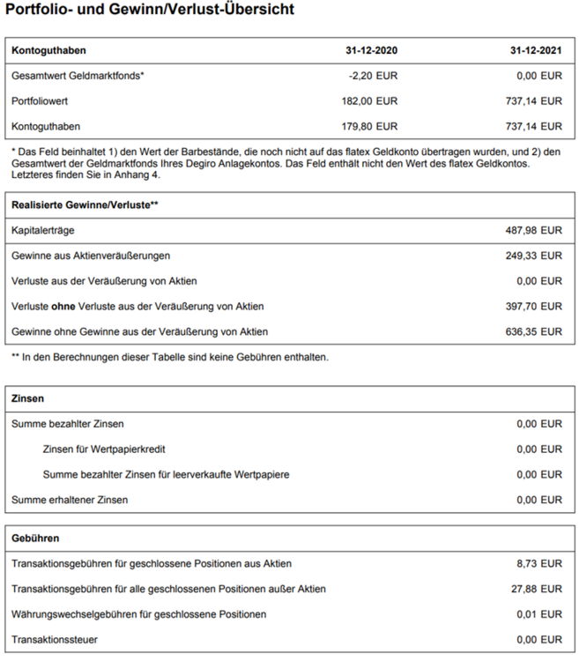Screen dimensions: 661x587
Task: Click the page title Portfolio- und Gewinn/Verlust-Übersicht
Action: point(150,11)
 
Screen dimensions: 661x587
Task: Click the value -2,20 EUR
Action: point(374,76)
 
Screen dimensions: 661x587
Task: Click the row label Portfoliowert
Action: point(41,101)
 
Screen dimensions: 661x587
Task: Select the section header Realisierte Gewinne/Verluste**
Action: point(85,204)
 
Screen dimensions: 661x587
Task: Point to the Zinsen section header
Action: point(28,398)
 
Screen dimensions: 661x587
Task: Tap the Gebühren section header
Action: point(35,538)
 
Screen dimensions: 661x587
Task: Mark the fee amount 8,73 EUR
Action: point(539,563)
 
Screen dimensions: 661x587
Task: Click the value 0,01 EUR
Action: point(539,613)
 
